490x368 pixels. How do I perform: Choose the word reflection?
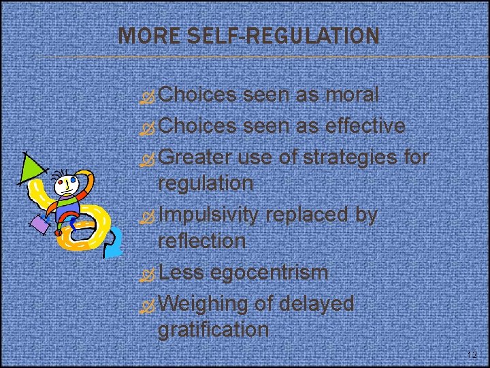(x=201, y=241)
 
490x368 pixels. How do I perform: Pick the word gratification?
(x=213, y=330)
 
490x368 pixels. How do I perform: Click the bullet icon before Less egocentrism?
(x=148, y=274)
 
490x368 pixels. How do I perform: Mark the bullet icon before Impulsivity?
(x=148, y=216)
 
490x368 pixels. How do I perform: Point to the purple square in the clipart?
(x=39, y=224)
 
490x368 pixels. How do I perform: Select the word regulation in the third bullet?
(x=206, y=183)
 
